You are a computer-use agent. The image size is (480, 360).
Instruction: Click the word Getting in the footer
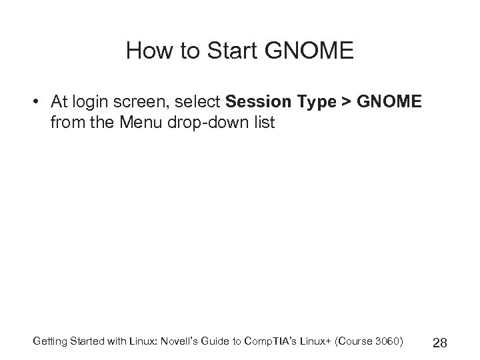tap(49, 342)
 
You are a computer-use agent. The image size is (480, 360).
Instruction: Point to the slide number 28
tap(439, 343)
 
